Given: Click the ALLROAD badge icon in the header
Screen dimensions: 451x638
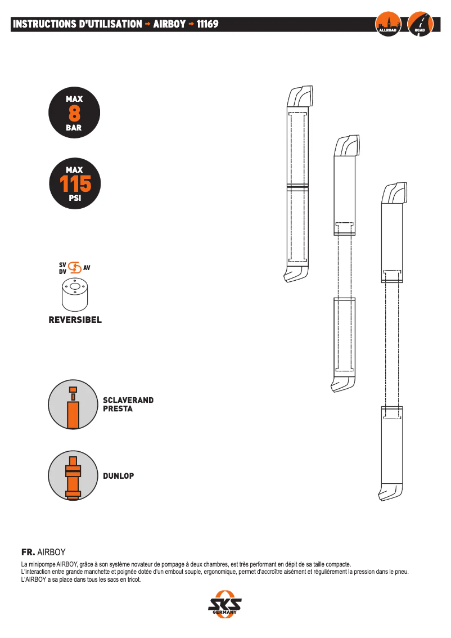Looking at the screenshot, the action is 388,24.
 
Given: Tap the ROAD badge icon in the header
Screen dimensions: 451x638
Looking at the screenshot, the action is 420,24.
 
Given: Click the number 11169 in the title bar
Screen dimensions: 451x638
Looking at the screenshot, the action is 208,24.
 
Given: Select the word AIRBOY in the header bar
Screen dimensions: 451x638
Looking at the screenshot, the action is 169,24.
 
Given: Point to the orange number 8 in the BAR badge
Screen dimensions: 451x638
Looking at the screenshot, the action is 74,114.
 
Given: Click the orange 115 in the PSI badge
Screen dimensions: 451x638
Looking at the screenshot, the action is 75,184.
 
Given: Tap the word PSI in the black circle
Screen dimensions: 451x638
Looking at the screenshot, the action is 75,198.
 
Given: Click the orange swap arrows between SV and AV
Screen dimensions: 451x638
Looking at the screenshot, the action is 75,267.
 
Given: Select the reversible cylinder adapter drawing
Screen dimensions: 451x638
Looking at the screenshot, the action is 75,295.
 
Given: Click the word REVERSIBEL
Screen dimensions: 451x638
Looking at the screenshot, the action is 75,320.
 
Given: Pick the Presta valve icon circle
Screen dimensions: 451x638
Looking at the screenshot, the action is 73,405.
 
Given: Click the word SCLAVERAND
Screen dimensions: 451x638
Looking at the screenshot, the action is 128,400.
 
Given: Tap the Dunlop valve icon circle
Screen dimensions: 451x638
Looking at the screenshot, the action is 73,475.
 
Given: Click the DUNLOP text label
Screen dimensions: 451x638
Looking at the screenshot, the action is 118,475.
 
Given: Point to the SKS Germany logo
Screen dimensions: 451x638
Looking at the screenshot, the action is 224,604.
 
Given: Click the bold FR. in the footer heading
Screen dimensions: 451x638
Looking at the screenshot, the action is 28,552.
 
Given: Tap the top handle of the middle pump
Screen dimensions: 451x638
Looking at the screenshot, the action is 347,146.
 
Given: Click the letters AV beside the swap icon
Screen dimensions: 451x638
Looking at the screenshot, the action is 87,268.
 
